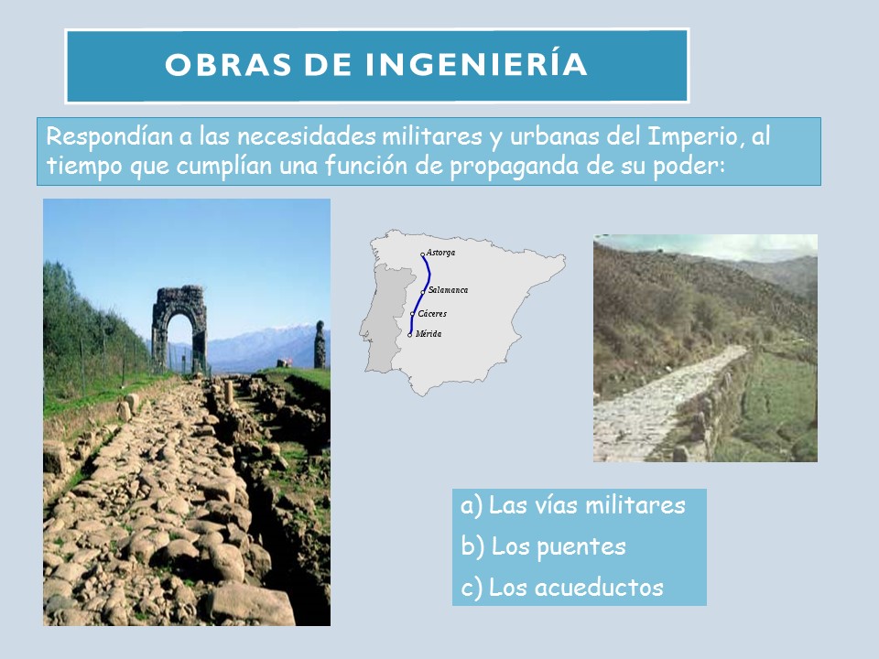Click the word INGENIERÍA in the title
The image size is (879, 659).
(476, 63)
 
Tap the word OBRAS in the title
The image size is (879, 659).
(228, 64)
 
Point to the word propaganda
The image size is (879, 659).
(514, 167)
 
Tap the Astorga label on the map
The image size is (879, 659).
(440, 253)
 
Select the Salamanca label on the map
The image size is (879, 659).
(448, 290)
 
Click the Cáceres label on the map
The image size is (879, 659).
(432, 313)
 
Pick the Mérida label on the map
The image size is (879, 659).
(429, 333)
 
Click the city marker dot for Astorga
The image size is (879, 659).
(423, 255)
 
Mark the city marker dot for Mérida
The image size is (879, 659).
(410, 335)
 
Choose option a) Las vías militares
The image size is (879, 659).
(573, 505)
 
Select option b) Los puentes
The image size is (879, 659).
(543, 546)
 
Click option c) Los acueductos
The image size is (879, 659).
(561, 588)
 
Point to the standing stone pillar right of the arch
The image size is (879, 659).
(320, 345)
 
